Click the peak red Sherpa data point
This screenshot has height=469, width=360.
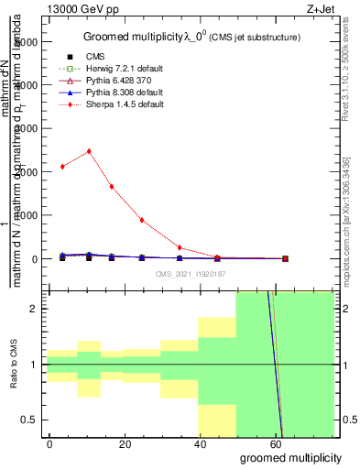89,151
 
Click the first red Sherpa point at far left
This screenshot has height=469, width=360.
62,167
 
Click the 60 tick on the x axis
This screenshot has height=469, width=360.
276,442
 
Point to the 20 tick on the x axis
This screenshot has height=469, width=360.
125,442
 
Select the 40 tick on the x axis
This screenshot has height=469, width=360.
201,442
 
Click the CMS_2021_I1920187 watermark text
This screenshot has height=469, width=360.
190,274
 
